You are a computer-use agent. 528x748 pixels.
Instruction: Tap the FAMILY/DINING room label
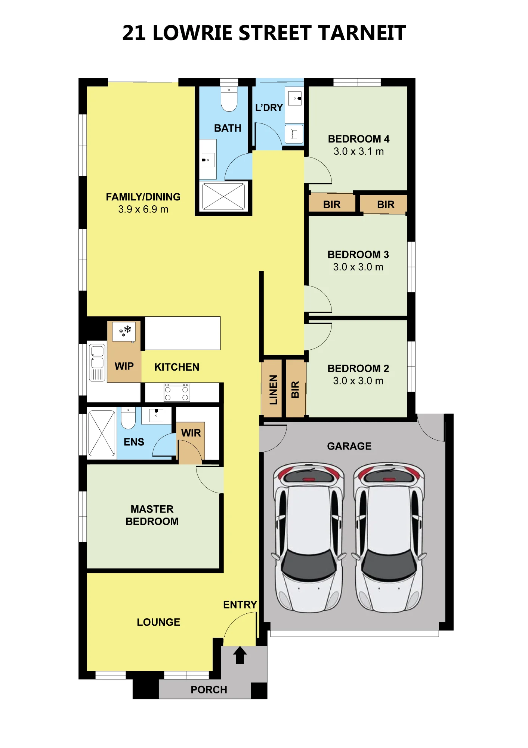pyautogui.click(x=143, y=197)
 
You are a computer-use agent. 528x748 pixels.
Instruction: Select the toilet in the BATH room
pyautogui.click(x=229, y=99)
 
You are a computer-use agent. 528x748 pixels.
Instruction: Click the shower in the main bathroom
pyautogui.click(x=223, y=196)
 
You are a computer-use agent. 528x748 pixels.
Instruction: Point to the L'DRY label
pyautogui.click(x=269, y=108)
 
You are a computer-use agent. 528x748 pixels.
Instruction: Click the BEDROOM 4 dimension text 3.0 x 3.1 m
pyautogui.click(x=359, y=151)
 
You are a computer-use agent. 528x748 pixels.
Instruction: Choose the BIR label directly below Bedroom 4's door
pyautogui.click(x=332, y=205)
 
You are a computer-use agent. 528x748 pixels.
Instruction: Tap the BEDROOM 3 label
pyautogui.click(x=358, y=255)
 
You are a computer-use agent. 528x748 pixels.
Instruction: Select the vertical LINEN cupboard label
pyautogui.click(x=274, y=390)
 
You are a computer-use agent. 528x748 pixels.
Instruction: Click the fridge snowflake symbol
pyautogui.click(x=125, y=331)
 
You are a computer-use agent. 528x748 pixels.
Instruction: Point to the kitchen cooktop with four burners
pyautogui.click(x=177, y=393)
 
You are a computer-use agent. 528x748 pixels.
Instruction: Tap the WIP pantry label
pyautogui.click(x=124, y=366)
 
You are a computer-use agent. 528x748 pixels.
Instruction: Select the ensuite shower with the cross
pyautogui.click(x=102, y=433)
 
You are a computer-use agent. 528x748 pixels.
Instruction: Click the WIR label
pyautogui.click(x=191, y=433)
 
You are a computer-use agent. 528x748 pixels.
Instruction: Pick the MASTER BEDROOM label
pyautogui.click(x=152, y=515)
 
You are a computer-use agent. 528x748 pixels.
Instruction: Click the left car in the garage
pyautogui.click(x=309, y=537)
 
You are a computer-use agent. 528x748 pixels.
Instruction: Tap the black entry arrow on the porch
pyautogui.click(x=240, y=655)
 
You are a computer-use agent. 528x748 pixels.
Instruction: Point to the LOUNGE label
pyautogui.click(x=158, y=622)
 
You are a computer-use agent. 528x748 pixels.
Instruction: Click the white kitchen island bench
pyautogui.click(x=183, y=333)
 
